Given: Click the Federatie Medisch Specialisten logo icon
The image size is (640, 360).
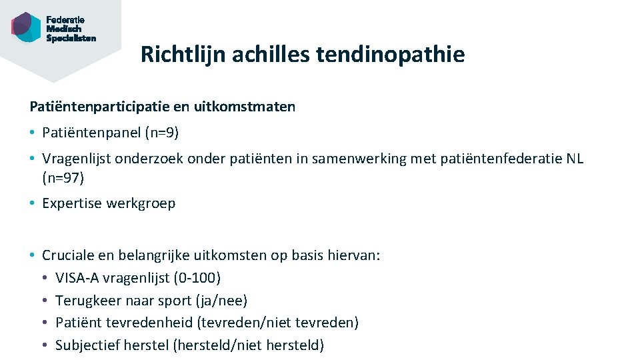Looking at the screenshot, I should [27, 27].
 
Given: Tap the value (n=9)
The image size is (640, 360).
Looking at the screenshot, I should [162, 133].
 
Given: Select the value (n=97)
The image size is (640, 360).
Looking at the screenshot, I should [63, 178].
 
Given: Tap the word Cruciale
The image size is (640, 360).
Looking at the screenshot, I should [68, 255].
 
